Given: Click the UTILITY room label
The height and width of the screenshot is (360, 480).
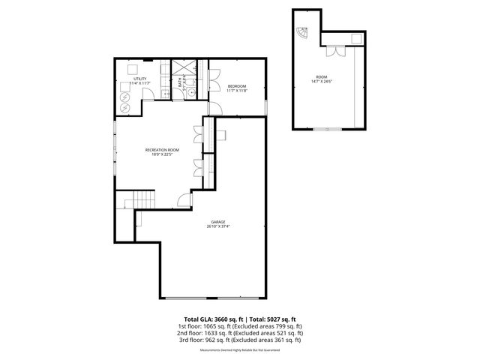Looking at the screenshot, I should tap(140, 78).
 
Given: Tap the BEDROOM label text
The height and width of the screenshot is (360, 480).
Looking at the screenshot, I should tap(237, 86).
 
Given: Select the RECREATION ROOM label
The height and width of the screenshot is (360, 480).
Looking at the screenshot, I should tap(163, 150).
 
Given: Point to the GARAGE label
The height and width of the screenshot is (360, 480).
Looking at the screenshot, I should tap(218, 222).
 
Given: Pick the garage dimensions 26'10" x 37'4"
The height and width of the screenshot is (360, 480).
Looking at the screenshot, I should tap(218, 226).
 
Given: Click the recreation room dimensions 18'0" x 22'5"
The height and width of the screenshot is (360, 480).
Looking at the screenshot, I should tap(163, 154).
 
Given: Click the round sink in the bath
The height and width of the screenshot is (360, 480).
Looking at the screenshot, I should tap(190, 91).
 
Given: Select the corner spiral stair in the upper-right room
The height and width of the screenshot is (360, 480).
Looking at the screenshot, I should tap(301, 34).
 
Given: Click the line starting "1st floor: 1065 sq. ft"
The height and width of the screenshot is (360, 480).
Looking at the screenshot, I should tap(239, 326).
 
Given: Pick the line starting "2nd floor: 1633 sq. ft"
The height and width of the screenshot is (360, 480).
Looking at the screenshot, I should tap(239, 332).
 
